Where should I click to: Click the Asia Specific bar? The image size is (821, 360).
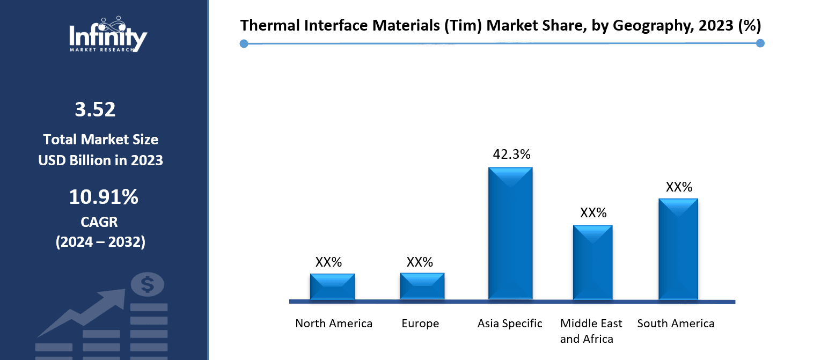(510, 233)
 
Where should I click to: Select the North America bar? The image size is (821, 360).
(332, 287)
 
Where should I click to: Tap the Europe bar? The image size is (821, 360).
(422, 286)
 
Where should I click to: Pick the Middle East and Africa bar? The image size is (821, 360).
(592, 262)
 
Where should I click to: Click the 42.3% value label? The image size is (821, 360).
(511, 155)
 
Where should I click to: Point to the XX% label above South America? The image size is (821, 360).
(679, 187)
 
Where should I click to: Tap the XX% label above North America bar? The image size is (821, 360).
(328, 262)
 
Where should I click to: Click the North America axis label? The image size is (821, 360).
(334, 324)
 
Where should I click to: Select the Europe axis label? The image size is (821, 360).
(420, 324)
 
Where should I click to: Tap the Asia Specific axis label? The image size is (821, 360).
(510, 324)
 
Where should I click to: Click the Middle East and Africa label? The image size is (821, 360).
(591, 331)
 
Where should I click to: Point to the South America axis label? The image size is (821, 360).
(676, 324)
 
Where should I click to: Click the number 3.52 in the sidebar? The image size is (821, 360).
(96, 110)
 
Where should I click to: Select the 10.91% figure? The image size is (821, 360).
(104, 197)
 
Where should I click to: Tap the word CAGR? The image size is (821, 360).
(100, 222)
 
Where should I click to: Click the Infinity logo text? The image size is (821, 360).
(108, 38)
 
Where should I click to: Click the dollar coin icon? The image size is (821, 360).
(148, 284)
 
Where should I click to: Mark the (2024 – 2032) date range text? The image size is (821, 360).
(100, 242)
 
